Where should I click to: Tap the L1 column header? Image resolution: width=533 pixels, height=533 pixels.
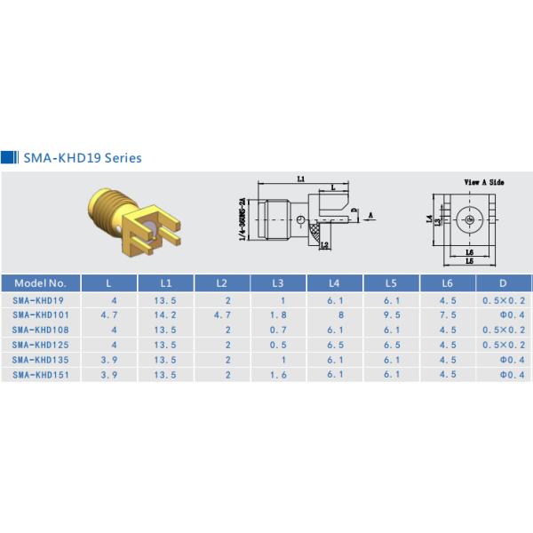pos(165,283)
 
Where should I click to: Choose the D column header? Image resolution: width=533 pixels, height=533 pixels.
pos(503,283)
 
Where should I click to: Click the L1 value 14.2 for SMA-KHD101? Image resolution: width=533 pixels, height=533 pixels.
pos(165,315)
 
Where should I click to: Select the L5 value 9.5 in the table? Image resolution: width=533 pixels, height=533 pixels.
pos(390,315)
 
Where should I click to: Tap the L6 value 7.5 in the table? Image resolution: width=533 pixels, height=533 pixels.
pos(446,315)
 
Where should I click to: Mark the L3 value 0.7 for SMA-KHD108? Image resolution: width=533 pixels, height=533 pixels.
pos(278,330)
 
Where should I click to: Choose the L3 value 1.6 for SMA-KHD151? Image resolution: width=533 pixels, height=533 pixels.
pos(278,375)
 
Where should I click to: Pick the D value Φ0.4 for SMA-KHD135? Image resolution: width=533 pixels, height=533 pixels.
pos(503,360)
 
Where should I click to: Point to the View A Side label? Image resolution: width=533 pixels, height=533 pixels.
pos(484,181)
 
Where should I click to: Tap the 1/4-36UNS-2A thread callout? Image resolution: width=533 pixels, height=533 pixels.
pos(242,219)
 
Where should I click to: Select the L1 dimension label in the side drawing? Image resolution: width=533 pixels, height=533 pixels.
pos(301,179)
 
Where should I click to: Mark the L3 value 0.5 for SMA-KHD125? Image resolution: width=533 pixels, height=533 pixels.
pos(278,345)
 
